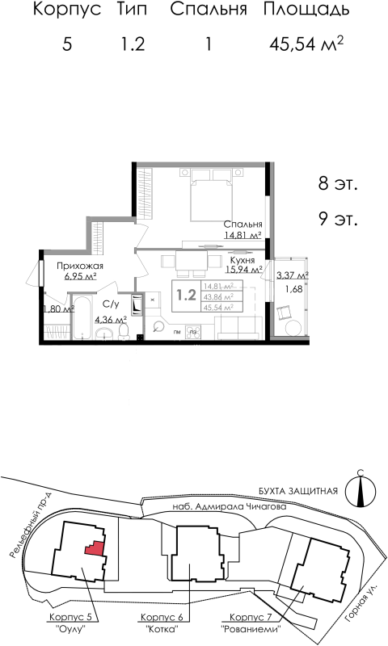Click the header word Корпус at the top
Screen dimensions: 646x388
[x=66, y=10]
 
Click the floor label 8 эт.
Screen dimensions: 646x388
[x=337, y=184]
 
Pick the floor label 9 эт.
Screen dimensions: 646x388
[x=337, y=218]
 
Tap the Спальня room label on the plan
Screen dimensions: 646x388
[x=243, y=225]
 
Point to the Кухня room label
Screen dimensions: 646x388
[x=242, y=261]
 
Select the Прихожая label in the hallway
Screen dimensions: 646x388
[x=79, y=266]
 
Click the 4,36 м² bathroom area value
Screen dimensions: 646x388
[x=111, y=319]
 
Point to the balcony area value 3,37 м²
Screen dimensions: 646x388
[x=293, y=275]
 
